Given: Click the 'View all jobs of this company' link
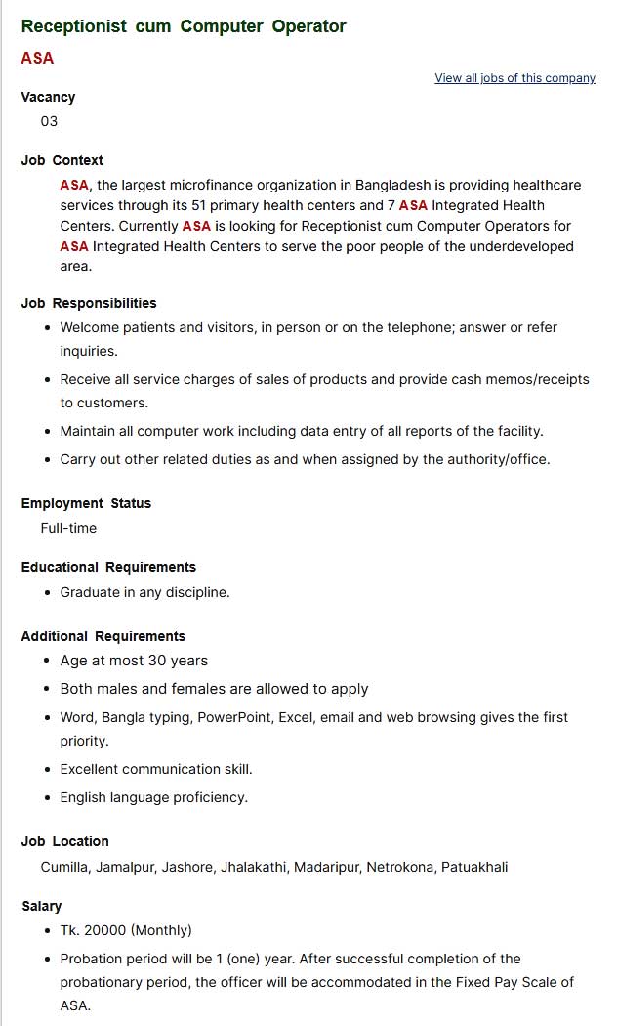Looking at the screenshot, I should click(514, 78).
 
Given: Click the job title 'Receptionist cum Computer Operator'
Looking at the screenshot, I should click(184, 26).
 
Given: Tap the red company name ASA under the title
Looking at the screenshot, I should click(37, 58).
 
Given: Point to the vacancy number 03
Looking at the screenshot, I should click(49, 121).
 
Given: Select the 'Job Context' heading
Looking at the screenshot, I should click(62, 160).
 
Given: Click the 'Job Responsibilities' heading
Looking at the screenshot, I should click(89, 303).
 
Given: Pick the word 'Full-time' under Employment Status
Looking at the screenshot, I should click(68, 528).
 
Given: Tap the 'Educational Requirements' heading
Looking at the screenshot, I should click(108, 567).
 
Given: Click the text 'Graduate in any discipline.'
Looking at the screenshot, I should click(144, 592).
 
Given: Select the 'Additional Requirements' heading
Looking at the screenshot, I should click(103, 636).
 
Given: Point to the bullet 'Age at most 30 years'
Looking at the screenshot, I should click(134, 661).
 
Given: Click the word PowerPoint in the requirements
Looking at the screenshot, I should click(234, 717).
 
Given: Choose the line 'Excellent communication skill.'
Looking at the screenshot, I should click(156, 769).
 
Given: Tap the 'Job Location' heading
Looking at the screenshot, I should click(64, 841).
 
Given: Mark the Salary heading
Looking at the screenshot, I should click(41, 906).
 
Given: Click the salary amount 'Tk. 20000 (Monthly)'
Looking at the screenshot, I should click(126, 930).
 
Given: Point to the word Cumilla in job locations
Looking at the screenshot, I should click(64, 867).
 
